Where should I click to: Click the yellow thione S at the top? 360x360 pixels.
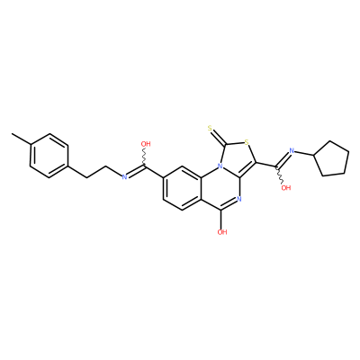[x=210, y=130]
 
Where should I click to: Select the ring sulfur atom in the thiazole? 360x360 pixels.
[x=247, y=141]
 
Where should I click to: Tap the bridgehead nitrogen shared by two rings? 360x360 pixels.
[x=220, y=166]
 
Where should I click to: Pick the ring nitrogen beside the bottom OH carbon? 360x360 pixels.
[x=238, y=199]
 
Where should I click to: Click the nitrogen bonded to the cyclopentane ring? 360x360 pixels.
[x=291, y=150]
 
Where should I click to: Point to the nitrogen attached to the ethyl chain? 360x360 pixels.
[x=125, y=177]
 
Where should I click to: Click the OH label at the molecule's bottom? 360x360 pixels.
[x=222, y=232]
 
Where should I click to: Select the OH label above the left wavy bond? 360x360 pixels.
[x=146, y=144]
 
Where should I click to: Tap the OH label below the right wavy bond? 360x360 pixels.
[x=286, y=188]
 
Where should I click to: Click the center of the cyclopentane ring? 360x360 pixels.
[x=332, y=159]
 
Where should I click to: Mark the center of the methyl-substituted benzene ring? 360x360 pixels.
[x=49, y=156]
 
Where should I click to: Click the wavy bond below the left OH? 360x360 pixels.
[x=144, y=157]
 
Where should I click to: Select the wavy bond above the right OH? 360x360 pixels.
[x=280, y=175]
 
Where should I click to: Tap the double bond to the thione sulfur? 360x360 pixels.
[x=219, y=138]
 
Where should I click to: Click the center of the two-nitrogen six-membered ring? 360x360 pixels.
[x=220, y=187]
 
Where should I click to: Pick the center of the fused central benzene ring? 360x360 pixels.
[x=182, y=187]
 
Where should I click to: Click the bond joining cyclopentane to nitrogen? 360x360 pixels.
[x=303, y=153]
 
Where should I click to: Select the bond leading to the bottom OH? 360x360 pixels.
[x=220, y=219]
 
